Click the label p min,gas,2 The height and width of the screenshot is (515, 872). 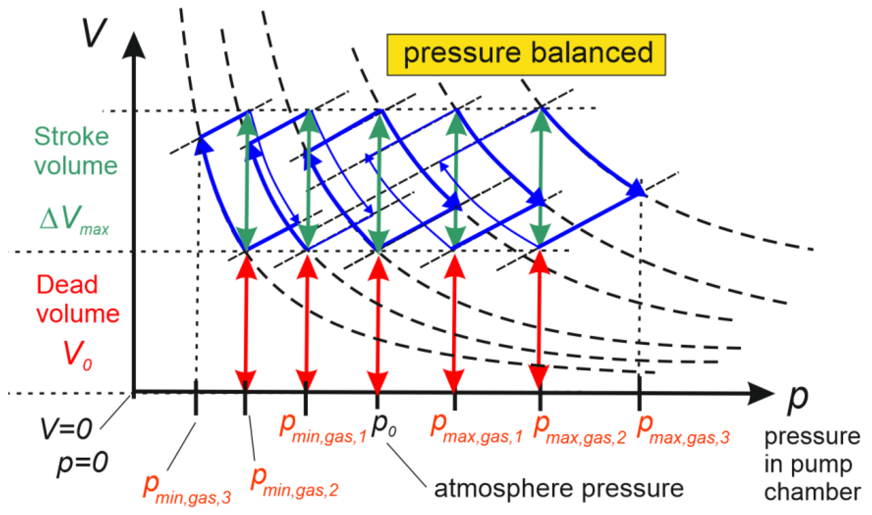(294, 482)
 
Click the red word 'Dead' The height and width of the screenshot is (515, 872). (67, 285)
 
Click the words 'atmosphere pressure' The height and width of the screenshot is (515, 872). (558, 489)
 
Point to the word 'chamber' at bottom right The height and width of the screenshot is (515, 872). (812, 492)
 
